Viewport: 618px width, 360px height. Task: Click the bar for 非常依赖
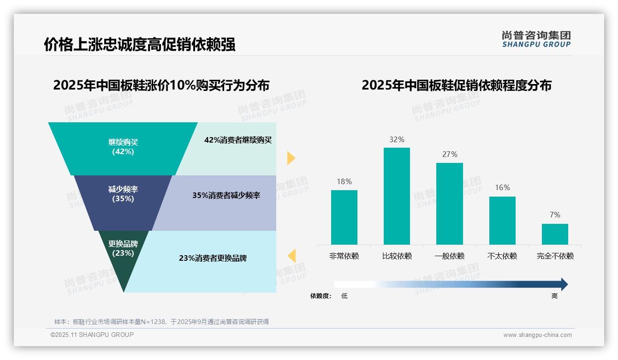click(x=344, y=217)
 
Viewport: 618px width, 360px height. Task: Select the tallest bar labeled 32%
click(x=397, y=196)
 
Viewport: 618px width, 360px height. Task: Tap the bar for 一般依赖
click(x=450, y=204)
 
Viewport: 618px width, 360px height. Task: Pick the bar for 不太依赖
click(x=502, y=220)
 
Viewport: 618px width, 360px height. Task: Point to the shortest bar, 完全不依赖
click(x=555, y=234)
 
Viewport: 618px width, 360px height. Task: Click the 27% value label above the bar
click(x=450, y=154)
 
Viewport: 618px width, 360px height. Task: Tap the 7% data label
click(x=555, y=215)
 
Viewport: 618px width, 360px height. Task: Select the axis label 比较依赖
click(x=397, y=256)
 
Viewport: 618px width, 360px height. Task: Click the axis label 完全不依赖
click(x=555, y=256)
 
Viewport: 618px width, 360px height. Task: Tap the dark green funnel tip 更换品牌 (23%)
click(x=123, y=258)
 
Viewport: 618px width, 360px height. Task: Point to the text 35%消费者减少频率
click(x=226, y=195)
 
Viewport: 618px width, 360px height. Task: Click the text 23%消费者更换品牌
click(x=213, y=258)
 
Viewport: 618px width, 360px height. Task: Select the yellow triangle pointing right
click(x=291, y=158)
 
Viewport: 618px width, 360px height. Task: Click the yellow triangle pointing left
click(x=291, y=255)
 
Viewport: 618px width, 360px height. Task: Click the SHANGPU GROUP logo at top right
click(x=536, y=39)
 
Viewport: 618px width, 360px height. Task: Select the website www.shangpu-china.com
click(x=537, y=335)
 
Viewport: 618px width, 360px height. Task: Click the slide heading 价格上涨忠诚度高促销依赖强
click(x=139, y=44)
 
